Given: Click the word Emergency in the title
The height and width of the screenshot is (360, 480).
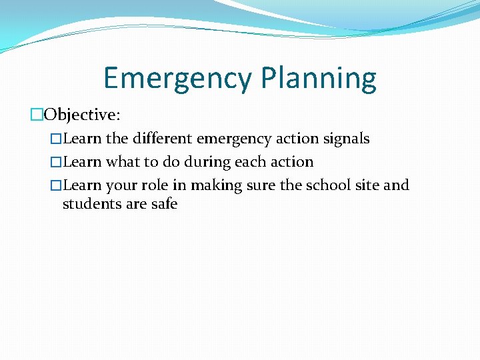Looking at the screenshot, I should tap(178, 79).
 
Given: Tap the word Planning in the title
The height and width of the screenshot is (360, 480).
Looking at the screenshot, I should tap(319, 79).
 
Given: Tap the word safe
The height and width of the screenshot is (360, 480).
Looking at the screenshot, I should tap(163, 203).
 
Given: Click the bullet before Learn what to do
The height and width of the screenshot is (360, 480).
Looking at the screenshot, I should tap(56, 162).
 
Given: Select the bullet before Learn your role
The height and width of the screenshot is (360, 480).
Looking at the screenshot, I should tap(56, 185).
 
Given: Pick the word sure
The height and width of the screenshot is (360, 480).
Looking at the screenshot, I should tap(261, 185).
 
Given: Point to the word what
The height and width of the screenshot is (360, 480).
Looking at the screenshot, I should tap(123, 162).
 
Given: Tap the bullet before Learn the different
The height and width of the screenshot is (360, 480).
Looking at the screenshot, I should tap(56, 139).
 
